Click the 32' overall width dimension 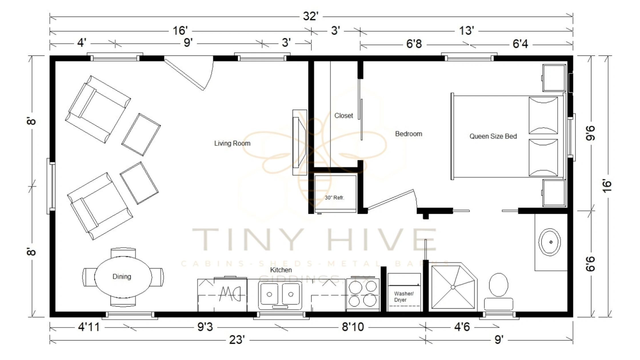click(311, 17)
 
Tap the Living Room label click(232, 143)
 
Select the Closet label click(343, 116)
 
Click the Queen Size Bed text click(493, 136)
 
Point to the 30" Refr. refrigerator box click(335, 194)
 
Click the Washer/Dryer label click(403, 297)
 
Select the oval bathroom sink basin click(550, 242)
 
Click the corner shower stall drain click(453, 287)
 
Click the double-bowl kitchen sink click(280, 295)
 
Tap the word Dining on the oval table click(122, 277)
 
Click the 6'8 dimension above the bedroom click(414, 44)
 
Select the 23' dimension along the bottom click(237, 340)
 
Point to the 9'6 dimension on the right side click(590, 133)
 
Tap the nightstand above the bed click(554, 78)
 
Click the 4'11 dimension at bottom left click(89, 327)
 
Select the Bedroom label click(408, 134)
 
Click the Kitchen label click(281, 270)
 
